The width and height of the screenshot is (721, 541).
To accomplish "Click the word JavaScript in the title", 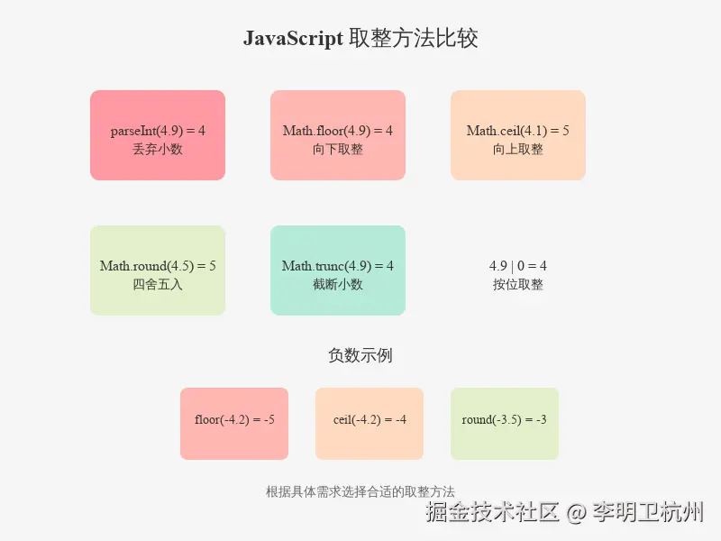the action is click(x=293, y=38).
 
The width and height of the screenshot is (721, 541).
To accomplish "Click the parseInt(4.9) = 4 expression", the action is click(x=158, y=131).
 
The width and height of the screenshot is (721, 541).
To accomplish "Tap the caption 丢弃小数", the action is click(x=158, y=149).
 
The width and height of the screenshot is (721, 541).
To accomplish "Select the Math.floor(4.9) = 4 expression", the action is click(x=338, y=131).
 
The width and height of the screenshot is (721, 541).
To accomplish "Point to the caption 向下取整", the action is click(x=338, y=149).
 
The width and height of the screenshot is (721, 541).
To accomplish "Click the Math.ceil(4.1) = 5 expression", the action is click(x=517, y=131).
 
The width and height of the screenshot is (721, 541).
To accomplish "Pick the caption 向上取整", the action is click(x=517, y=149).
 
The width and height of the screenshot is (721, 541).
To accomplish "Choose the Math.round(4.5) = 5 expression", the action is click(x=158, y=266).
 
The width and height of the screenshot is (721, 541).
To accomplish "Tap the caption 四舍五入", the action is click(x=158, y=284).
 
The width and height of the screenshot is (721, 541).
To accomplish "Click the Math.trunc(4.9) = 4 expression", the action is click(x=338, y=266).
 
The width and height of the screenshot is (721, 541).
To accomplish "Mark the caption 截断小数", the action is click(x=338, y=284).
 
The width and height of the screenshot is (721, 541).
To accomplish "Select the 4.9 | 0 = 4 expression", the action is click(x=517, y=266).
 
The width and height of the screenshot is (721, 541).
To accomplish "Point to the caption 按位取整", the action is click(x=517, y=284).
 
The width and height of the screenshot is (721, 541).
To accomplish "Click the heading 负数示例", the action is click(x=360, y=355).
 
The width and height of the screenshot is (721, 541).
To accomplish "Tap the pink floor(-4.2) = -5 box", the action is click(x=234, y=424).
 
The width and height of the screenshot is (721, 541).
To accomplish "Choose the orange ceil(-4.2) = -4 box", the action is click(x=370, y=424).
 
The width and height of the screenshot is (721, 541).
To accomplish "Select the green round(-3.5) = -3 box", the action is click(x=505, y=424).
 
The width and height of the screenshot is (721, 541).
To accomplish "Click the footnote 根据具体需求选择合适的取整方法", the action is click(x=360, y=491).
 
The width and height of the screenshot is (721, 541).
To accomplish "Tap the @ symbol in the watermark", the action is click(x=576, y=512).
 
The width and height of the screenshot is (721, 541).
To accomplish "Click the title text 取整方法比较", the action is click(x=414, y=38).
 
